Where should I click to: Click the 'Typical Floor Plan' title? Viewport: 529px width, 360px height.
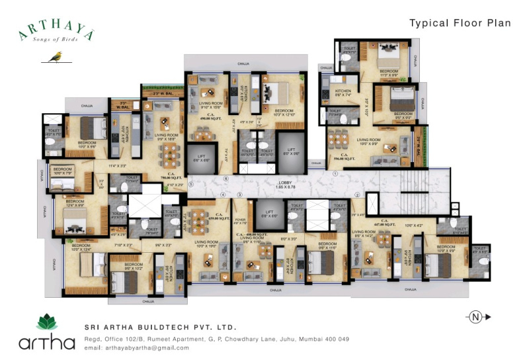[x=460, y=23]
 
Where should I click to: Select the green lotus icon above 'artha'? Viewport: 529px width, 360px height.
[x=47, y=323]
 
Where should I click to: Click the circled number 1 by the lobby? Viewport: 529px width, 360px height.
[x=335, y=173]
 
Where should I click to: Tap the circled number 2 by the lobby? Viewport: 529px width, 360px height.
[x=356, y=195]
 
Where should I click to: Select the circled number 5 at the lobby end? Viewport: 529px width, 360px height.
[x=191, y=185]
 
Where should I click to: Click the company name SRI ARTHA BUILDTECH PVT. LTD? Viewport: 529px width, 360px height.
[x=160, y=328]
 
